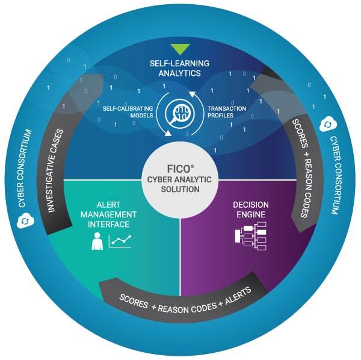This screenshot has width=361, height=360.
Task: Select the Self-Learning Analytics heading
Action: tap(179, 67)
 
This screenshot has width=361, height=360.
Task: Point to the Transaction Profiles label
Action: tap(226, 113)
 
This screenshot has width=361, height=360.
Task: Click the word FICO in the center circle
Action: tap(180, 161)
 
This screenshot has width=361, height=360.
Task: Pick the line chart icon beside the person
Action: tap(120, 242)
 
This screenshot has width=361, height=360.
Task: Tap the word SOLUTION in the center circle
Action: tap(180, 189)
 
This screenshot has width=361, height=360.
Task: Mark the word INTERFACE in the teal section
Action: tap(113, 224)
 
